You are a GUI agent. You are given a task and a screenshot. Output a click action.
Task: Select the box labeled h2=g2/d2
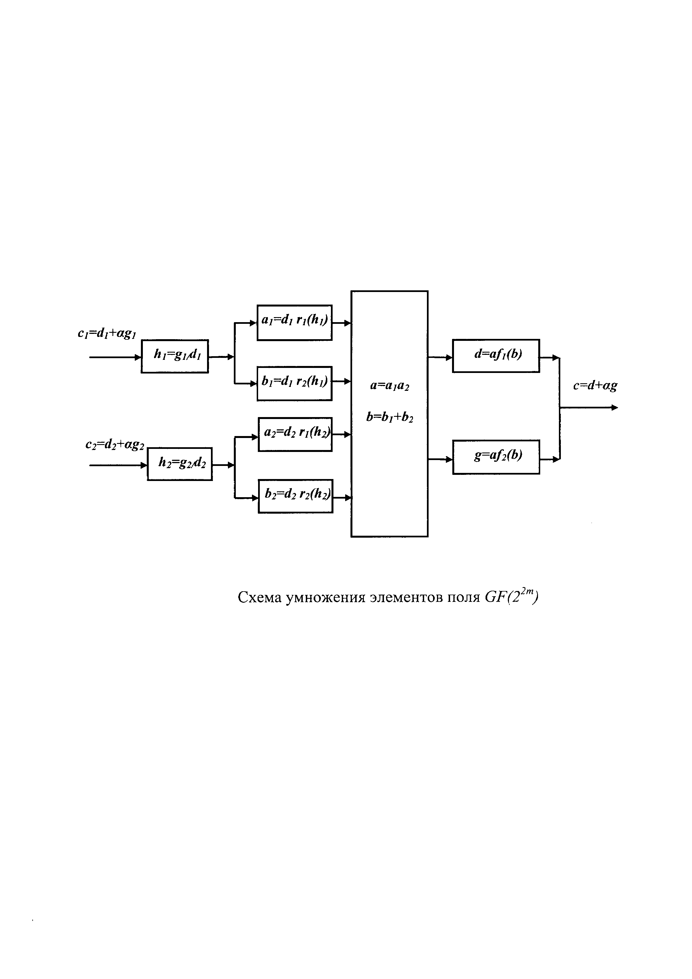point(180,464)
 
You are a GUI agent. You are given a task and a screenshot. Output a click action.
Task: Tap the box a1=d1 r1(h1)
point(294,322)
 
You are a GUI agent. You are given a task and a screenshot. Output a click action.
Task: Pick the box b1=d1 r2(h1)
point(294,383)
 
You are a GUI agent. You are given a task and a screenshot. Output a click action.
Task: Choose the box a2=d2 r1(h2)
point(295,434)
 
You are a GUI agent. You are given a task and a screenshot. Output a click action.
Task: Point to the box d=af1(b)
point(496,356)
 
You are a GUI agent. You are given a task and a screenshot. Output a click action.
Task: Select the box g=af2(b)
point(496,457)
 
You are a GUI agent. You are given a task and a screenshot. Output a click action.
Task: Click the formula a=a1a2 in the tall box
point(390,386)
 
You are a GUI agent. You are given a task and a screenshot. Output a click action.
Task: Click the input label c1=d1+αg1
point(107,333)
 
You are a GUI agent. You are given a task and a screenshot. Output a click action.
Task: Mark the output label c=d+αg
point(595,386)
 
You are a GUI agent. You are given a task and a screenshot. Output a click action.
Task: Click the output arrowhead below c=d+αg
point(614,408)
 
